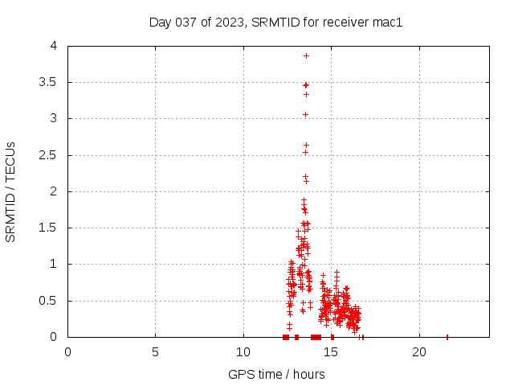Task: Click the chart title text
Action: pos(275,22)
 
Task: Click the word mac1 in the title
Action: pos(388,22)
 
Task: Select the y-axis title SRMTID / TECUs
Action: pos(10,192)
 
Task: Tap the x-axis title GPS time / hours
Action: pos(276,374)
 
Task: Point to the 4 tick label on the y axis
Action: pos(53,46)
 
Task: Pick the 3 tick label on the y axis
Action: pos(53,118)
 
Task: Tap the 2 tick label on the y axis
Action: pos(53,191)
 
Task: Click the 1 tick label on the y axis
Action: pos(53,264)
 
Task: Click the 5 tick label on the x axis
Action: pos(155,352)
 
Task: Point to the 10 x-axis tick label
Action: pos(243,352)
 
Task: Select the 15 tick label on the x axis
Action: pos(331,352)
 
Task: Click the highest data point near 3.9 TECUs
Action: pos(306,55)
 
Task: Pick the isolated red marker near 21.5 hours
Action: pos(447,337)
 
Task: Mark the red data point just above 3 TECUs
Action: pos(305,114)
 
